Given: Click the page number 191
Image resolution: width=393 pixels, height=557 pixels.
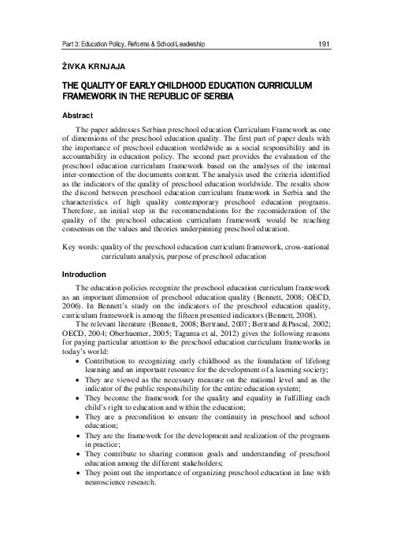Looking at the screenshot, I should tap(323, 45).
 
